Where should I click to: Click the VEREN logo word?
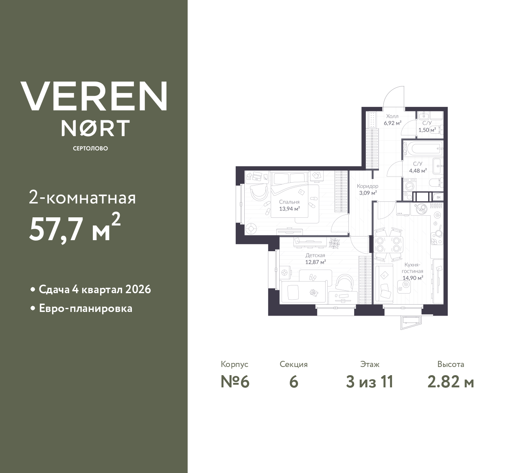[94, 96]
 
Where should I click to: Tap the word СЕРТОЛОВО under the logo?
[90, 148]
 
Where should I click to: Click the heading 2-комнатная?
[83, 199]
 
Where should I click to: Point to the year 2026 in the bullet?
[138, 290]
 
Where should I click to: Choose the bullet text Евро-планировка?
[85, 308]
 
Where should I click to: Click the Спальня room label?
[289, 202]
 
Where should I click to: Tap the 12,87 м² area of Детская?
[315, 262]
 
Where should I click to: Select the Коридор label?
[367, 186]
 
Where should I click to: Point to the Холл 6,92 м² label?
[392, 119]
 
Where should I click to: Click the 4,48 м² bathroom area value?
[418, 171]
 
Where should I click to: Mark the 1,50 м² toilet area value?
[427, 130]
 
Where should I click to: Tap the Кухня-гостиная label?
[412, 267]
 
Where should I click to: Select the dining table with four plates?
[389, 244]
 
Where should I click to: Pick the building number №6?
[234, 382]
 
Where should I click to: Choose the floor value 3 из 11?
[369, 382]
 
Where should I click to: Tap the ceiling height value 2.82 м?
[451, 382]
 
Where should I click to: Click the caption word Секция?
[293, 364]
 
